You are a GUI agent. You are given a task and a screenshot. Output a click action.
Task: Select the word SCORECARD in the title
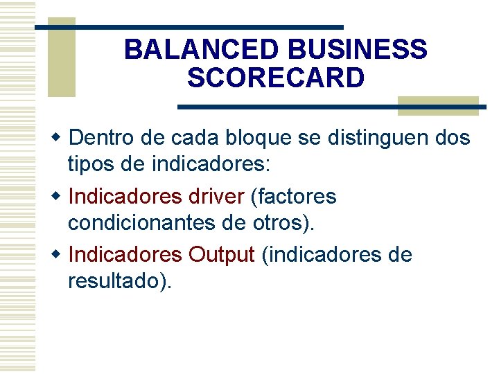tap(275, 78)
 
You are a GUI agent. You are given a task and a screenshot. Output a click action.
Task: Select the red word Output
tap(222, 255)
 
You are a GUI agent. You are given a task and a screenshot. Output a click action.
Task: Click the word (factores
tap(293, 197)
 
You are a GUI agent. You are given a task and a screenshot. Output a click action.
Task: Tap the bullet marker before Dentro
tap(60, 138)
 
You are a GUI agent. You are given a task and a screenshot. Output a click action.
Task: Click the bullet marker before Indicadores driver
tap(60, 197)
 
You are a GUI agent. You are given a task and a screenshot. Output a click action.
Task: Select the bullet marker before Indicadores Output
tap(60, 255)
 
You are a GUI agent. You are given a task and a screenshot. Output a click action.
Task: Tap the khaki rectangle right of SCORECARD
tap(438, 106)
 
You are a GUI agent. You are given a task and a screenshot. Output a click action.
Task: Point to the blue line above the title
tap(189, 27)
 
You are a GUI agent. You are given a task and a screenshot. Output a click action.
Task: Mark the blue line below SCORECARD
tap(331, 107)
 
